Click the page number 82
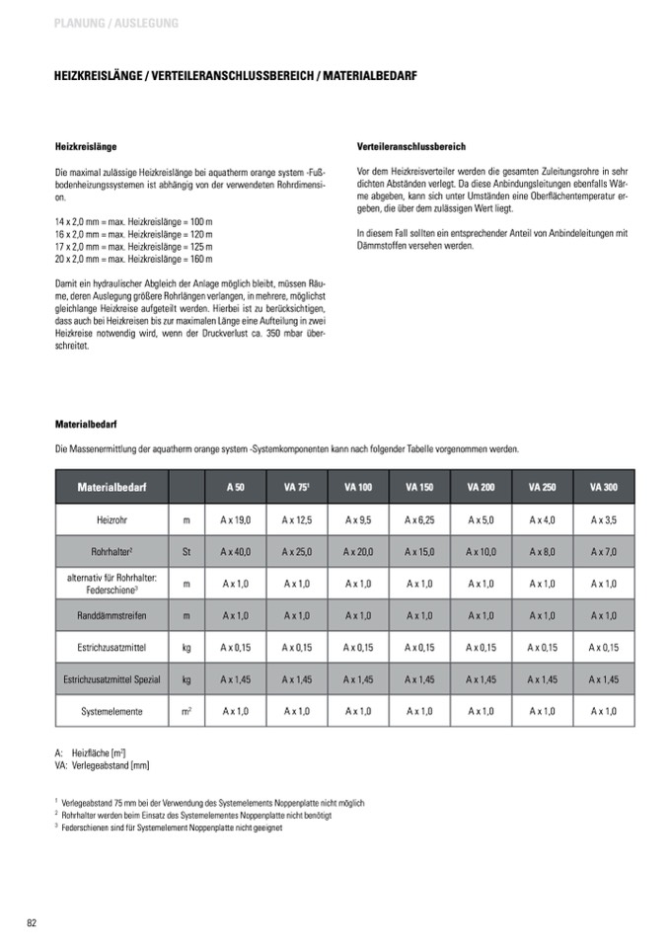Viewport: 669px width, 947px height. (x=32, y=922)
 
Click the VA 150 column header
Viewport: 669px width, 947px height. (x=419, y=487)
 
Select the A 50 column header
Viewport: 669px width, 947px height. (x=236, y=487)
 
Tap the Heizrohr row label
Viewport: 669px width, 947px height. (x=111, y=519)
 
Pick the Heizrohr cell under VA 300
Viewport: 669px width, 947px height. (x=603, y=519)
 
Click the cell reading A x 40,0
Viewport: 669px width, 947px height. (x=236, y=551)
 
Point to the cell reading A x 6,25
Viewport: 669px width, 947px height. (x=419, y=519)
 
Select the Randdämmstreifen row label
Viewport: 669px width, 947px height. (x=111, y=615)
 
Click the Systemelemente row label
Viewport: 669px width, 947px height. (x=111, y=710)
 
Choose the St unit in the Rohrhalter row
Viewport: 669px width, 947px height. (x=186, y=551)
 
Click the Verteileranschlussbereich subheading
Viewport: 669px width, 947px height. (x=410, y=146)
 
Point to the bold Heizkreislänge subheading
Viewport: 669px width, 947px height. (x=86, y=146)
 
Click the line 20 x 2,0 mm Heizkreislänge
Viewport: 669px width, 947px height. (x=133, y=259)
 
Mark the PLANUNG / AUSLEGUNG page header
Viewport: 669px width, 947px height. (x=117, y=23)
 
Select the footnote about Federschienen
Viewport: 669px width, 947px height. (x=172, y=829)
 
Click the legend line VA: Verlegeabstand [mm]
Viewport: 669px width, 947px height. (x=103, y=765)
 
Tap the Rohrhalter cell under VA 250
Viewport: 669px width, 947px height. (x=542, y=551)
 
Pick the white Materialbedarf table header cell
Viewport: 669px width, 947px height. (x=111, y=487)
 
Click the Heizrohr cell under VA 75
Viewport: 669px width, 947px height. (x=297, y=519)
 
